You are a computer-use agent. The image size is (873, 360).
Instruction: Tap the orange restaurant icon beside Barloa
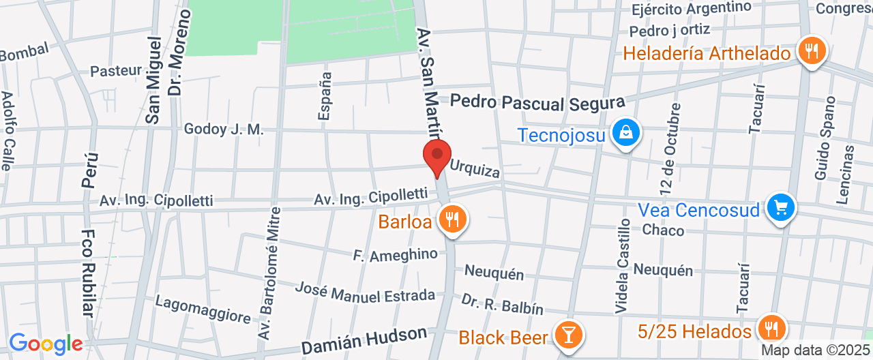452,220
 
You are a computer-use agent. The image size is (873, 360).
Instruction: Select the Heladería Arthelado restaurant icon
811,52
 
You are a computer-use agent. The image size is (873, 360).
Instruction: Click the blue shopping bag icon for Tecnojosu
625,134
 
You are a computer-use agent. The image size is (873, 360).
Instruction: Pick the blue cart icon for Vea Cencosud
781,209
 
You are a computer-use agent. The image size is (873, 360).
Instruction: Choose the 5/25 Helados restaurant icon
772,329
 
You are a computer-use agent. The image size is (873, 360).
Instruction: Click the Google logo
46,344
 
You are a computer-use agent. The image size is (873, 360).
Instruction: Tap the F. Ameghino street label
395,255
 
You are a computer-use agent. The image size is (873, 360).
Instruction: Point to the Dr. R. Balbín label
502,304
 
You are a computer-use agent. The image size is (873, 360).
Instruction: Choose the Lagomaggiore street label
203,309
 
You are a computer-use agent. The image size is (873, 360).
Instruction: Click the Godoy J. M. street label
223,129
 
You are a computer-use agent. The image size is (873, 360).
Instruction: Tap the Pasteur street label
116,70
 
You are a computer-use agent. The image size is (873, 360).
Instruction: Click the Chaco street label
663,230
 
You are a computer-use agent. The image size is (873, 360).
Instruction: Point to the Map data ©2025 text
816,350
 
